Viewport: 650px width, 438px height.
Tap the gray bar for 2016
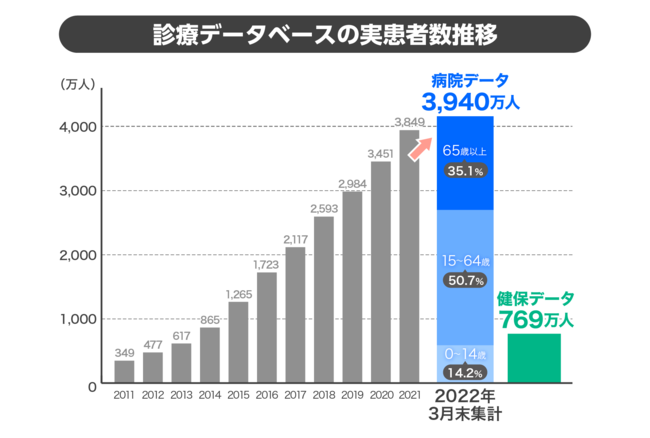(x=267, y=328)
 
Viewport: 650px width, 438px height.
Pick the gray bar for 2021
(x=409, y=257)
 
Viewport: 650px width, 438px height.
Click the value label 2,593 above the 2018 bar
(x=324, y=208)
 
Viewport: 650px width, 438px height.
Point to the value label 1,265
(x=239, y=293)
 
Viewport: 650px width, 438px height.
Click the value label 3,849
(x=409, y=122)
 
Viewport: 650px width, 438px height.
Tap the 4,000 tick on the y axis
(x=75, y=127)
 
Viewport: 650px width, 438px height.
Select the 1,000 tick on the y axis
(x=75, y=319)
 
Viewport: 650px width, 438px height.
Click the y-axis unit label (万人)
(x=77, y=83)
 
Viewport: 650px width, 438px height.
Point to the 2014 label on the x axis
(x=210, y=397)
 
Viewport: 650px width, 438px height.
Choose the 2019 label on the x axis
(x=352, y=397)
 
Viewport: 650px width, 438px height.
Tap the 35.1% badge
(x=465, y=171)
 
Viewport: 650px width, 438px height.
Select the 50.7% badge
(x=465, y=282)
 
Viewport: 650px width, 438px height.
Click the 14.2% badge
(x=465, y=372)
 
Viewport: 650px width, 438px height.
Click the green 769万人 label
(x=535, y=319)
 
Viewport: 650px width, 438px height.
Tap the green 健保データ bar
(x=535, y=358)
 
